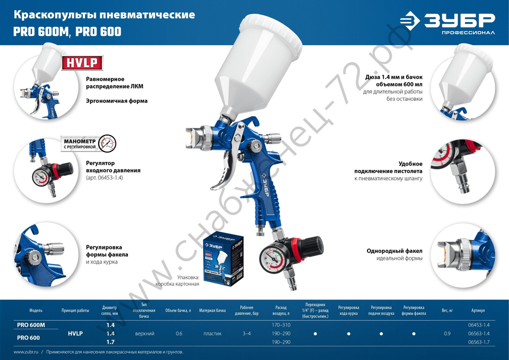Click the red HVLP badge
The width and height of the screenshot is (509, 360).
tap(82, 63)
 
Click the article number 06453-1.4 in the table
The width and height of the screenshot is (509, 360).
tap(478, 325)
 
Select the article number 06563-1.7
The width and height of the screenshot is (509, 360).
tap(478, 342)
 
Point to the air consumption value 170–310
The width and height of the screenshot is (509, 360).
tap(281, 325)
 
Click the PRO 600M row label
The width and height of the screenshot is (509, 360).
tap(31, 325)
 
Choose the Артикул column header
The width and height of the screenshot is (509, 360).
tap(478, 310)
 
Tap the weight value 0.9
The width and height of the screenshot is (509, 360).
tap(447, 334)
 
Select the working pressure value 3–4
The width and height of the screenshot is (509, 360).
tap(247, 334)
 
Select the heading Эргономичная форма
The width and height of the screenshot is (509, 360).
tap(117, 101)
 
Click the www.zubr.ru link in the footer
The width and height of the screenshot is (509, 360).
tap(24, 352)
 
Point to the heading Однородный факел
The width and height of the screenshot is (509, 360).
tap(394, 251)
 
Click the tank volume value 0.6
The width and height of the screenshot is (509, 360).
tap(179, 334)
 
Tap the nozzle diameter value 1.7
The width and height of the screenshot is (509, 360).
tap(110, 342)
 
